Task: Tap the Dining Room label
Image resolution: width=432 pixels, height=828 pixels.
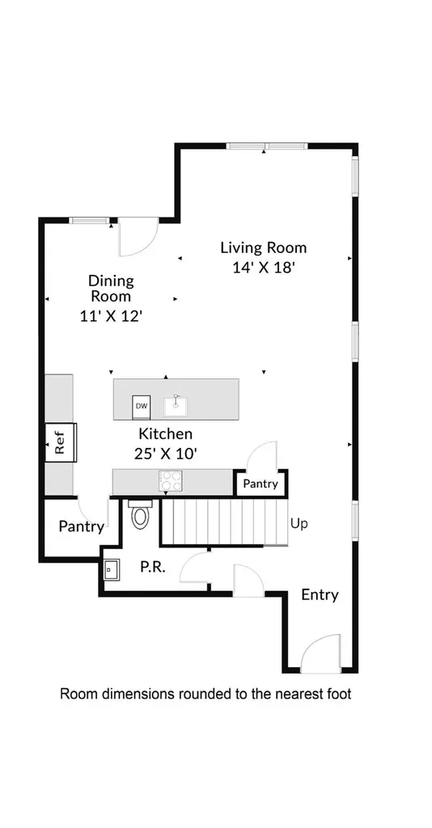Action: point(111,288)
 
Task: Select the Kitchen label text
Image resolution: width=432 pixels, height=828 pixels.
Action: point(165,434)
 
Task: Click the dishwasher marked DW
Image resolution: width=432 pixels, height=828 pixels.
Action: point(141,406)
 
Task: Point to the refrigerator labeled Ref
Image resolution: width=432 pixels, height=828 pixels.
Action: point(61,442)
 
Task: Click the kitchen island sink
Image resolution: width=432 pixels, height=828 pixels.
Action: point(176,407)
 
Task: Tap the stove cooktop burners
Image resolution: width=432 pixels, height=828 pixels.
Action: point(171,481)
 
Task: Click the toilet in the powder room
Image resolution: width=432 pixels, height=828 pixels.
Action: point(140,514)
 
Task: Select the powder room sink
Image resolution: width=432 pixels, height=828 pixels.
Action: point(112,569)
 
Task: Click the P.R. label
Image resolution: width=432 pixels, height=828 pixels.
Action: point(153,568)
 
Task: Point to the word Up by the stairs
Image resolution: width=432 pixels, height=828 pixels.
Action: point(299,525)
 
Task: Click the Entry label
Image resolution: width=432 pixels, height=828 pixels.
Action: point(320,595)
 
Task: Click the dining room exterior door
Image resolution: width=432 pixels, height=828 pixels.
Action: point(138,237)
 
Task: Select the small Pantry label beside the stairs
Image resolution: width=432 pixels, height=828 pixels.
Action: point(260,484)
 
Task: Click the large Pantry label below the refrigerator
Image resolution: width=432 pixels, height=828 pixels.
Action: point(82,526)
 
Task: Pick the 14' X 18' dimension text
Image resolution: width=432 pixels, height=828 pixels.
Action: point(263,268)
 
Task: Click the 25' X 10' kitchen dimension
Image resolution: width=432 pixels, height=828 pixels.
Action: point(165,454)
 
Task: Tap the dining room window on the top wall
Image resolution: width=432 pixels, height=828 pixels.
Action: point(90,221)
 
